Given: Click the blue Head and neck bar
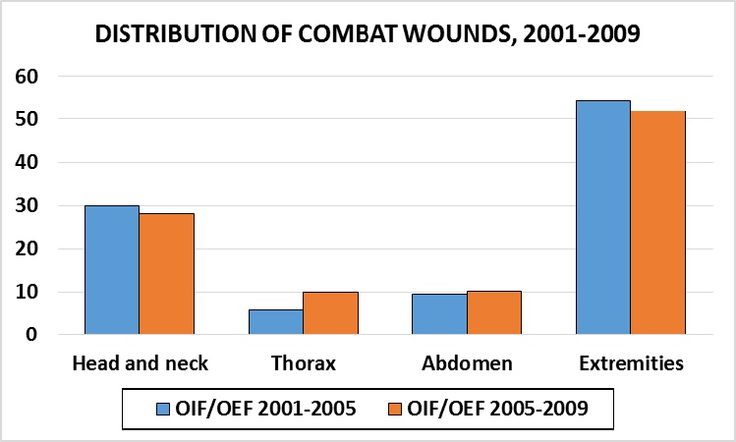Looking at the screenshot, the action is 112,270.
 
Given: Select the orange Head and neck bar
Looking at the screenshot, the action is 167,274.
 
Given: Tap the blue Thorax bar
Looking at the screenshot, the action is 276,322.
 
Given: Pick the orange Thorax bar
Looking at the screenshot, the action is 331,313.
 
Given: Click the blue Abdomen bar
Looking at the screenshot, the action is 440,314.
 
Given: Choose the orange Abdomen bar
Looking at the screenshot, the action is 494,312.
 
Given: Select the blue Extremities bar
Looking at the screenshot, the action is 603,217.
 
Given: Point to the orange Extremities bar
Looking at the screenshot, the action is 658,223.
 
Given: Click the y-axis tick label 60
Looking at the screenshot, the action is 27,76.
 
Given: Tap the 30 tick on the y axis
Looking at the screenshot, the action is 27,205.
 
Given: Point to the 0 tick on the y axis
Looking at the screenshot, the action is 31,335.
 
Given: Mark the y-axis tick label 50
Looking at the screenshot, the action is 27,119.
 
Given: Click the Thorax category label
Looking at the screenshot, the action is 304,363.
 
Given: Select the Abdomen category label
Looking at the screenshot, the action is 467,363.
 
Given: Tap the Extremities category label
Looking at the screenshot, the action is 631,363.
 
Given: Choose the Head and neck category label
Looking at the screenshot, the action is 140,363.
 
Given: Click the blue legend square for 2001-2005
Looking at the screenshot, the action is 162,410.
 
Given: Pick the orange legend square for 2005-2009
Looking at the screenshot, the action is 395,410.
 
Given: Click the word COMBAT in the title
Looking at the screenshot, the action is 337,33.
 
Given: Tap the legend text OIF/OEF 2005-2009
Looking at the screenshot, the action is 497,409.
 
